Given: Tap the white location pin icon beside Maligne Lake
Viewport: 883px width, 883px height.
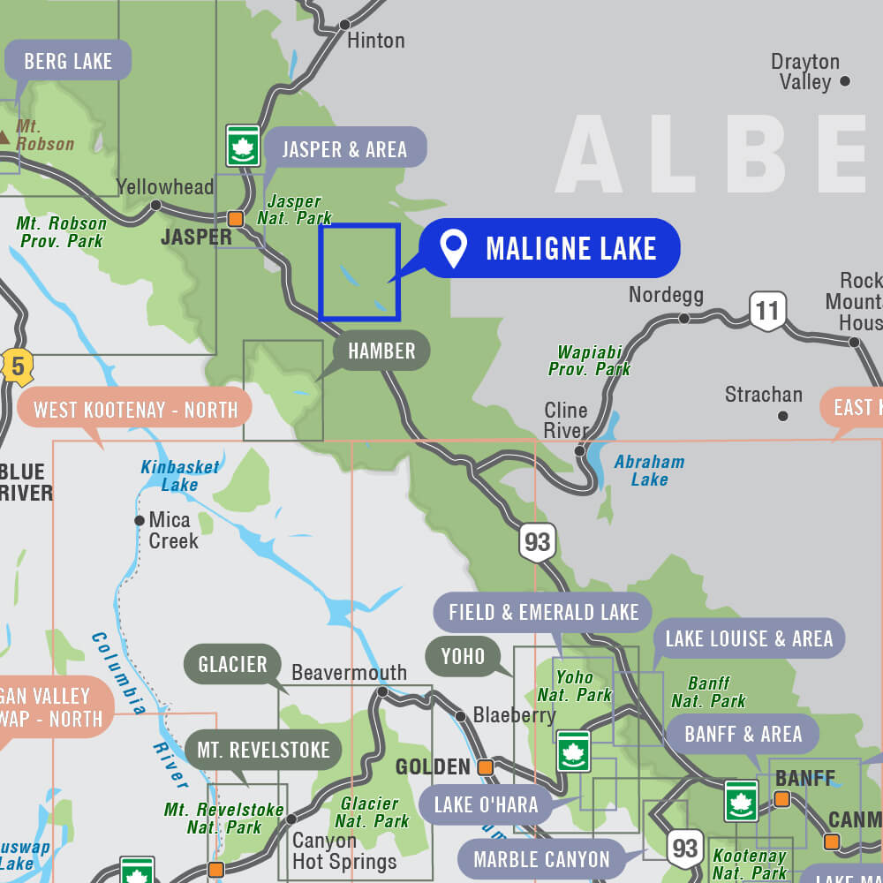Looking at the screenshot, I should (x=454, y=248).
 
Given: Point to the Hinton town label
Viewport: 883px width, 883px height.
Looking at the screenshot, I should (x=375, y=41).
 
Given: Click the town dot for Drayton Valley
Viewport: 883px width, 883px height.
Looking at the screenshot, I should (x=845, y=81).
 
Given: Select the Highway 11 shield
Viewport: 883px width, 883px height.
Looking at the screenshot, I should (x=767, y=311).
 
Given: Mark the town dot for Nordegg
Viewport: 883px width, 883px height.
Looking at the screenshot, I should (x=683, y=318).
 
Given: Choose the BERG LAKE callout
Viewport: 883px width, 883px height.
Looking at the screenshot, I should (x=68, y=61).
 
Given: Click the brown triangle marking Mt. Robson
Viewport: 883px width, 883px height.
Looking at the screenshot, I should (x=4, y=136).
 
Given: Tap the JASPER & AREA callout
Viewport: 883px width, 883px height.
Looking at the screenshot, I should (x=344, y=149).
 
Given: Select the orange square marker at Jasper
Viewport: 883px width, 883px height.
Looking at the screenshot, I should (x=235, y=218).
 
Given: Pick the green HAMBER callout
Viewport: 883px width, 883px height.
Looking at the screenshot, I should (x=381, y=351).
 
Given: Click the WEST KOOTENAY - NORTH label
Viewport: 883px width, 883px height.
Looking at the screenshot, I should (x=135, y=410).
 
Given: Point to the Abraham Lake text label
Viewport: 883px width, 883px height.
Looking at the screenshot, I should (x=649, y=471).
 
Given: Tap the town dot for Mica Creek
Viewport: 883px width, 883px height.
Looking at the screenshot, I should (x=140, y=521).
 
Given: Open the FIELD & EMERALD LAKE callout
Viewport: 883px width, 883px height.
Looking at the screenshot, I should (x=543, y=612).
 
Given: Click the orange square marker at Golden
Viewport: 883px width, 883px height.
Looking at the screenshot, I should (x=485, y=767).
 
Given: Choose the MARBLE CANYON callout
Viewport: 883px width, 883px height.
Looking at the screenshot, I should (x=541, y=859).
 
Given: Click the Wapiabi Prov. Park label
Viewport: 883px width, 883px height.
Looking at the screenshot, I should (x=589, y=360).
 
